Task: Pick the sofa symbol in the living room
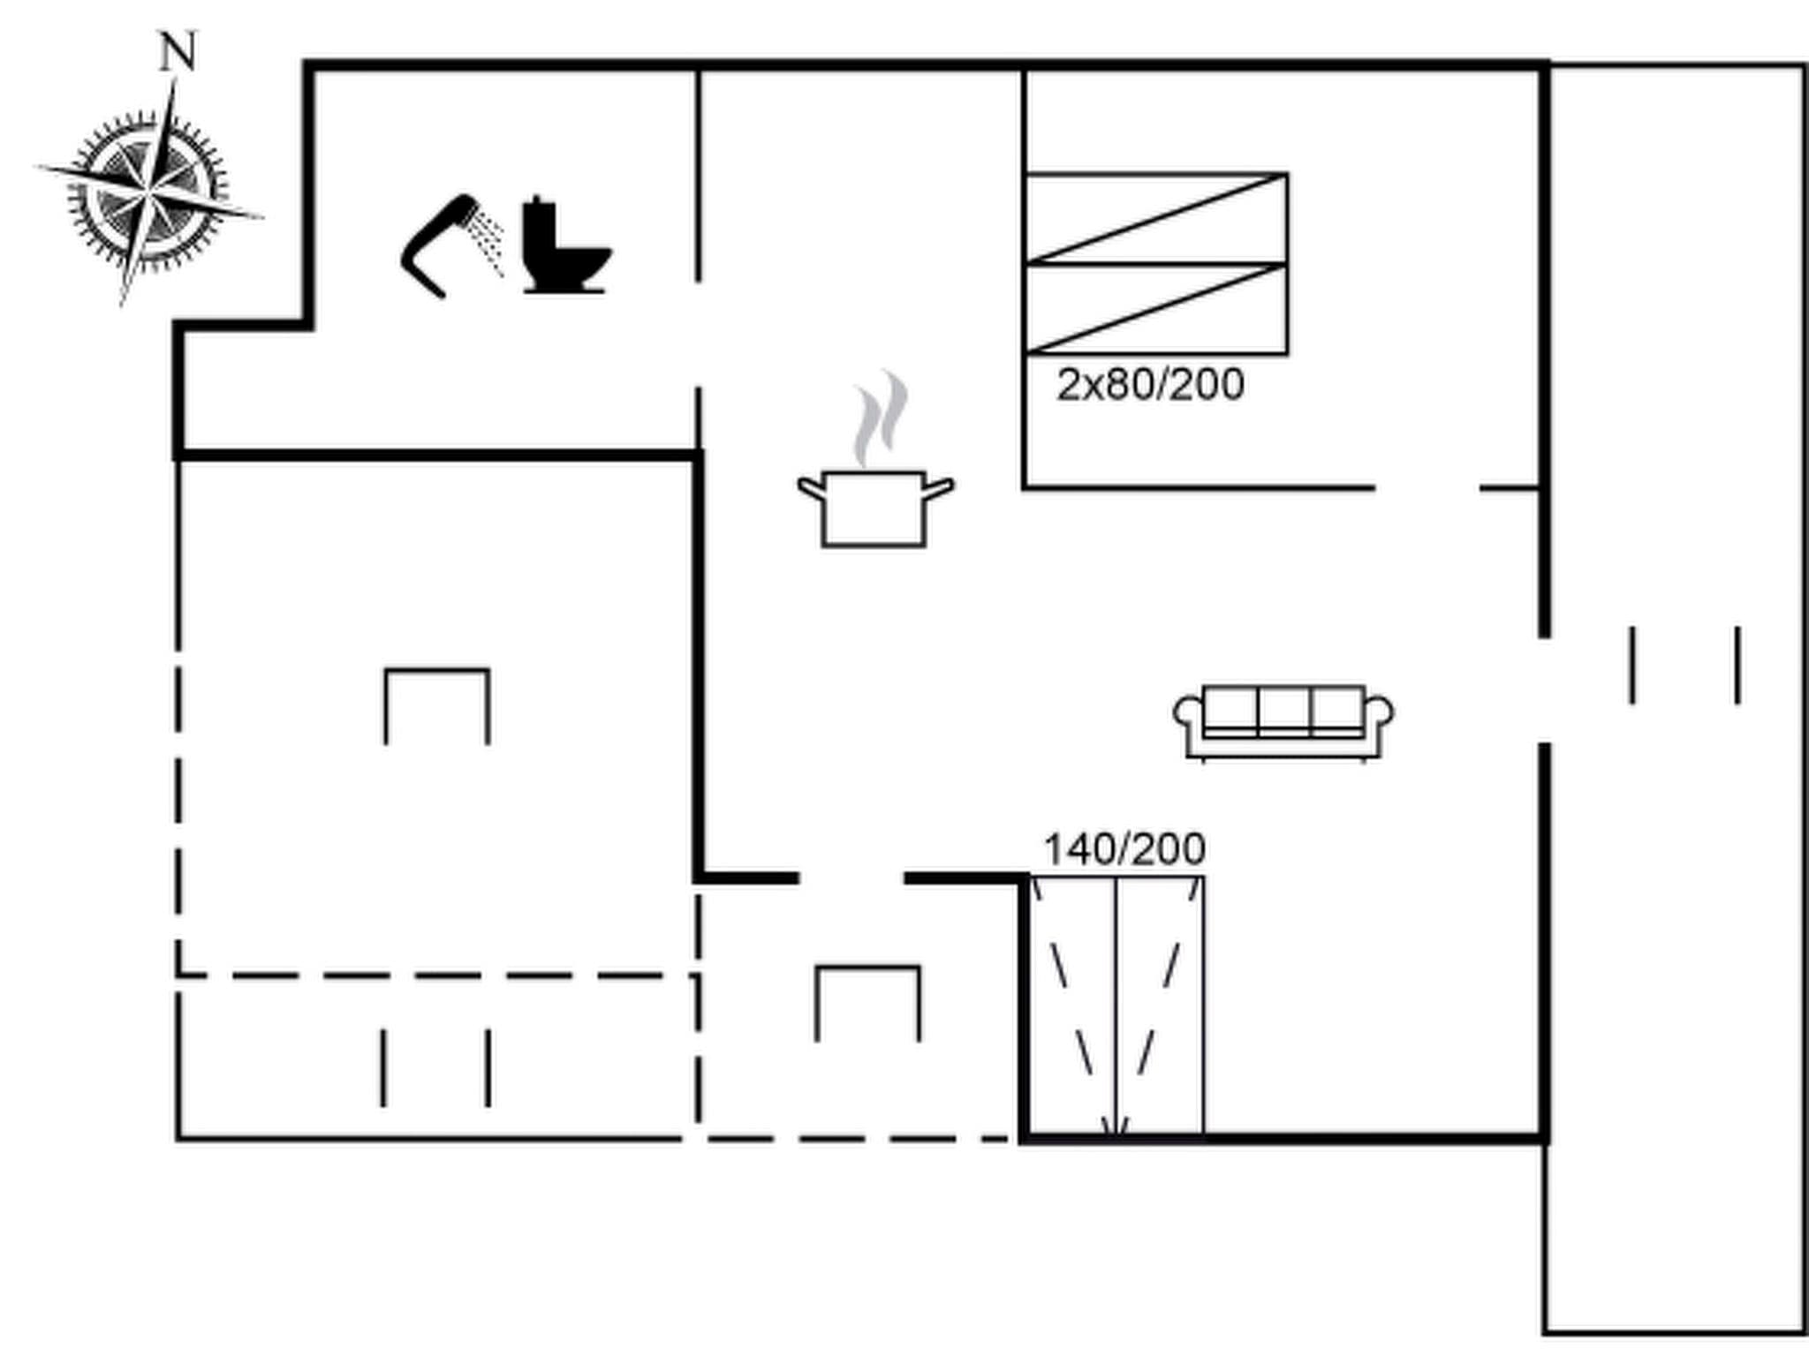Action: pos(1283,721)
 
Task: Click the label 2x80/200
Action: pos(1150,385)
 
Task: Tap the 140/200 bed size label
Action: pos(1124,849)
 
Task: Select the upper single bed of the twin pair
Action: pos(1155,218)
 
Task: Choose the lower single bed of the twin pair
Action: pos(1155,309)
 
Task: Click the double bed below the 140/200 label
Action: pos(1116,1007)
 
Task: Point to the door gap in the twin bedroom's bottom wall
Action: pos(1427,487)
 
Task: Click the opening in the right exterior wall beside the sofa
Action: pos(1545,690)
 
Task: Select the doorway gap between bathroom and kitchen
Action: pos(698,335)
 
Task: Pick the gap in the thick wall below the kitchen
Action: pos(852,878)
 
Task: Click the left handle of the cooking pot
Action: pos(810,488)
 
